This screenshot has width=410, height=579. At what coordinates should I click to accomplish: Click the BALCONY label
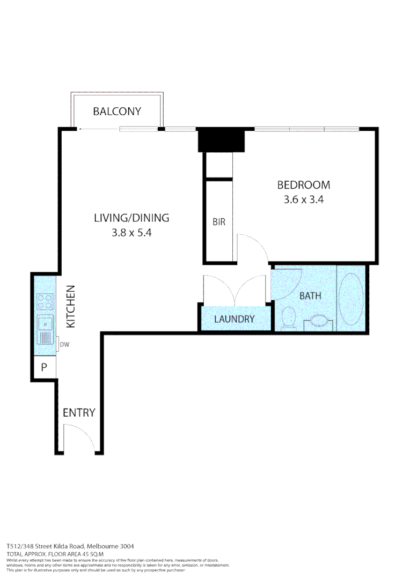click(x=116, y=112)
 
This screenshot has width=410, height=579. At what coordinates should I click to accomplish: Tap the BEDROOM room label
click(x=303, y=185)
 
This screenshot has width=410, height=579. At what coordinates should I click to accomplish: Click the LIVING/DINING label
click(x=131, y=218)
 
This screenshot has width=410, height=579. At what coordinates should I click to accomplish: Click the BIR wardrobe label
click(x=219, y=222)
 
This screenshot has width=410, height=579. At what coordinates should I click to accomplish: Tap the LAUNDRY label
click(x=234, y=319)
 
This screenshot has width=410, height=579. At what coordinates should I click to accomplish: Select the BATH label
click(x=310, y=295)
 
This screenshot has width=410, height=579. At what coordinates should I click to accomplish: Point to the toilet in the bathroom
click(x=288, y=317)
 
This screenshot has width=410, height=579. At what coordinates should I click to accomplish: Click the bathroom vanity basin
click(x=318, y=321)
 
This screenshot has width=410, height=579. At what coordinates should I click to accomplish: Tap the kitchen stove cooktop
click(x=45, y=302)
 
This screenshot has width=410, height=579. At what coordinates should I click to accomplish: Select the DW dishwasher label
click(x=64, y=345)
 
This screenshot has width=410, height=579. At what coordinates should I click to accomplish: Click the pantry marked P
click(x=44, y=368)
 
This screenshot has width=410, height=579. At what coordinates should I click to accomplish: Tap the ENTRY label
click(x=79, y=413)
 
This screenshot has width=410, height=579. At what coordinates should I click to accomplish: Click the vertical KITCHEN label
click(x=71, y=307)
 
